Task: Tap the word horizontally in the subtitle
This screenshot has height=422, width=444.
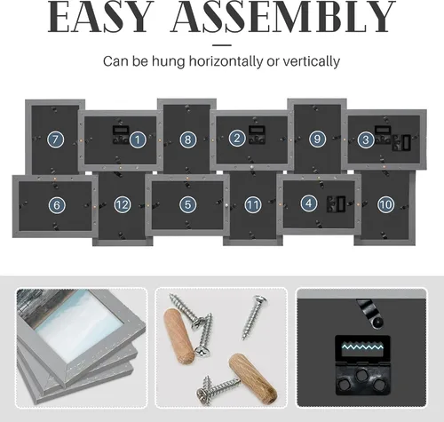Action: click(226, 61)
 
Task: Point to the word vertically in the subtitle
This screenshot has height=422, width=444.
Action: click(312, 61)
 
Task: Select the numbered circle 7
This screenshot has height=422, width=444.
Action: click(56, 139)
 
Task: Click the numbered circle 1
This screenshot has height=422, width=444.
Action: click(138, 139)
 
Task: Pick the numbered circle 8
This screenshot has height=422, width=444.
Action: click(188, 139)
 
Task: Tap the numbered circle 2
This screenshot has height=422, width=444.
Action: click(237, 138)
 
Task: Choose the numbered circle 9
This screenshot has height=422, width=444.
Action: click(317, 139)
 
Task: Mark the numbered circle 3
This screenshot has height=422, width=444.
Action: click(366, 139)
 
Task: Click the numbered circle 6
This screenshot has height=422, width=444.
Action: click(57, 204)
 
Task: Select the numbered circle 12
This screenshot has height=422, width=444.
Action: click(123, 204)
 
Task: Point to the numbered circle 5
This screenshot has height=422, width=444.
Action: click(187, 204)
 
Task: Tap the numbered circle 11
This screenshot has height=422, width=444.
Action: click(253, 204)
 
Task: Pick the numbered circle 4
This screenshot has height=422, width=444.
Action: click(309, 203)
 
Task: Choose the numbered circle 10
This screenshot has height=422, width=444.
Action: click(386, 204)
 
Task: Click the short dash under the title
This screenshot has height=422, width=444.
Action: click(222, 45)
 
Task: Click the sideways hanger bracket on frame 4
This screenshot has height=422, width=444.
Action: click(336, 203)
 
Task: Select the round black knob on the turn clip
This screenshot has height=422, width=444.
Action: click(377, 322)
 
